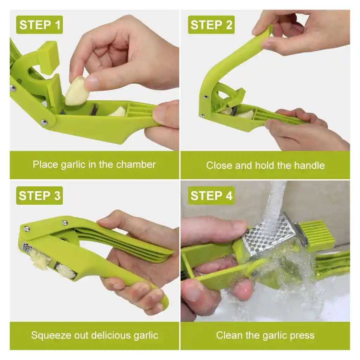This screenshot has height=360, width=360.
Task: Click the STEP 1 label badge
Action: [39, 25]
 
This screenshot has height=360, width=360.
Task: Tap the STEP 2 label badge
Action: [211, 25]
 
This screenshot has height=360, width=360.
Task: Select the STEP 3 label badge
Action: [39, 195]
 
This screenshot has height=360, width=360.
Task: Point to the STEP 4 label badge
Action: [211, 195]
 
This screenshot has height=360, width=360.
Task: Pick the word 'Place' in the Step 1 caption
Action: [45, 165]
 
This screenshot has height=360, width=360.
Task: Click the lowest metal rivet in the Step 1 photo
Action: [44, 122]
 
